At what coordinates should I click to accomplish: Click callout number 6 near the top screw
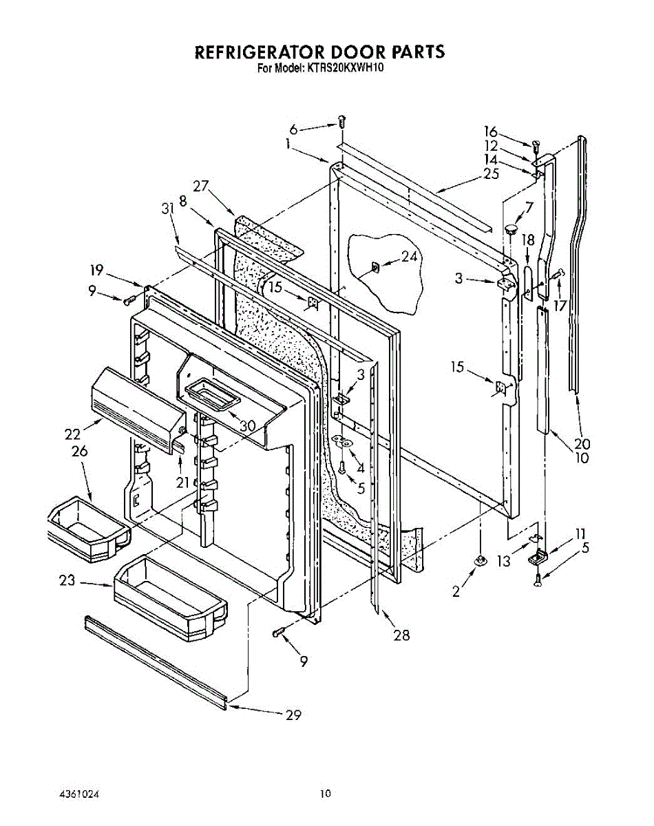pos(293,129)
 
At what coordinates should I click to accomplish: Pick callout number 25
pos(491,174)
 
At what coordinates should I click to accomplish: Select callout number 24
pos(410,257)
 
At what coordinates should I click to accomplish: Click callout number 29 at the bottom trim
pos(293,715)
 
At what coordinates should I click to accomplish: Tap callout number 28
pos(401,635)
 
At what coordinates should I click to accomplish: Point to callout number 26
pos(78,452)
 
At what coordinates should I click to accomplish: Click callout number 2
pos(456,591)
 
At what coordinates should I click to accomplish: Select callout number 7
pos(529,206)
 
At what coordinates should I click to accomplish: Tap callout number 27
pos(200,185)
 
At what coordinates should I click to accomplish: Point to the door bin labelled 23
pos(170,594)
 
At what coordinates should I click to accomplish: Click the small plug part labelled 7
pos(511,229)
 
